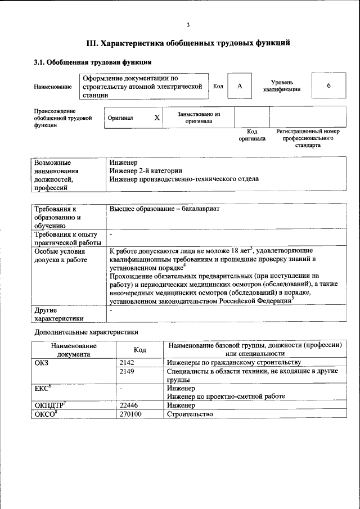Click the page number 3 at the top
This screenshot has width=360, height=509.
[188, 24]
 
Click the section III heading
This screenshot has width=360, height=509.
[188, 43]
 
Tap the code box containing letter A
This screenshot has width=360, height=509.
[240, 86]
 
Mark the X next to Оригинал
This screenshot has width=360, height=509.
[157, 118]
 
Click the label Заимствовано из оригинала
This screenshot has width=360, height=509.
[199, 117]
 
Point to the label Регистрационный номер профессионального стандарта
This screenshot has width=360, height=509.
[308, 138]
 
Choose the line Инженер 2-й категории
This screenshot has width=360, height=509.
[146, 170]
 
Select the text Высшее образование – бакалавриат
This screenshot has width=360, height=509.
[164, 209]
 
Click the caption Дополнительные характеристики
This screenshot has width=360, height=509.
[86, 332]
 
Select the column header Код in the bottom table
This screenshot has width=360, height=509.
[139, 350]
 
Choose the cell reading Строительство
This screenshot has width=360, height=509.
[190, 415]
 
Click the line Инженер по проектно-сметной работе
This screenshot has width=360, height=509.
[226, 397]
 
